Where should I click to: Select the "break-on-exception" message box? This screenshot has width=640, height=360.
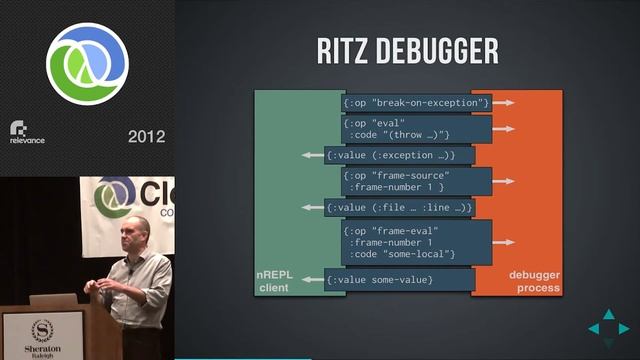coord(416,102)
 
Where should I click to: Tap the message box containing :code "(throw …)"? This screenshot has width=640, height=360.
coord(416,129)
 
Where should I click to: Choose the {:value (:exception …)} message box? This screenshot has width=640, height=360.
coord(390,155)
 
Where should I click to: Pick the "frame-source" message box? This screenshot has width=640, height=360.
coord(416,181)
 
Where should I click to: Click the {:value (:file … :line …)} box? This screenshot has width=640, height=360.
coord(399,207)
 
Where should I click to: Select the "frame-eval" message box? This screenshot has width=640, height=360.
coord(416,242)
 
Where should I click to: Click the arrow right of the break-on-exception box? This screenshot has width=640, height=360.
coord(504,102)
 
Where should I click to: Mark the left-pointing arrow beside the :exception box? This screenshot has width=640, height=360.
coord(311,155)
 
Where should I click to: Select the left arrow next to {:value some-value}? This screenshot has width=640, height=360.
coord(312,279)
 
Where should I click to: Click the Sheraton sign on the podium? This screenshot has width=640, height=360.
coord(42,334)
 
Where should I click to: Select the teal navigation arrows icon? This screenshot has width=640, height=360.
coord(608,328)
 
